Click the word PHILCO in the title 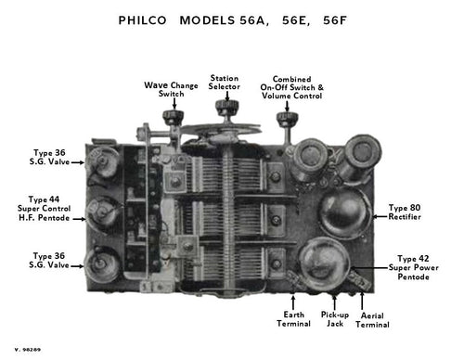(144, 19)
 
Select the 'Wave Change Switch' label (165, 89)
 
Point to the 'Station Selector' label (225, 83)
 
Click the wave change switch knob (171, 118)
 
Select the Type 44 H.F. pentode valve (108, 214)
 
